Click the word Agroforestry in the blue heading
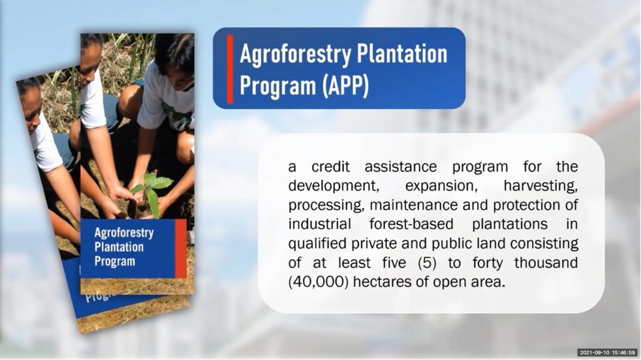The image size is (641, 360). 295,55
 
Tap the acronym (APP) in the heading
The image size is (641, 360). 345,86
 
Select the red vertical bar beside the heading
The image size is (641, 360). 230,68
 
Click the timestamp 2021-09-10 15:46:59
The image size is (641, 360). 607,352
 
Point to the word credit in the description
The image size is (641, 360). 331,167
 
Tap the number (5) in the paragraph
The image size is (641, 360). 427,262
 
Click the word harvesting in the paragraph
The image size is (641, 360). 540,186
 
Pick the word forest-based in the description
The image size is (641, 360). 411,224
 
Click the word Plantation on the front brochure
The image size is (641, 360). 119,247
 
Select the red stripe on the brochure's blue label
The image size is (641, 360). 181,249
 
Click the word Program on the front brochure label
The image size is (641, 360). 115,262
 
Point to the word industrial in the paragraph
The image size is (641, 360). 319,224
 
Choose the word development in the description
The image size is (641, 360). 334,186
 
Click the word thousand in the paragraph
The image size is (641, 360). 546,262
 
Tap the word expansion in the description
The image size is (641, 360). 441,186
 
